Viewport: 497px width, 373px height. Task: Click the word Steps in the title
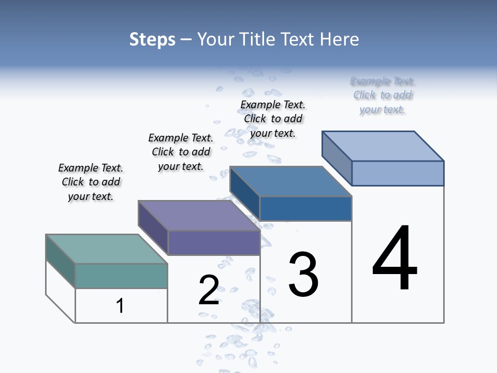click(x=152, y=40)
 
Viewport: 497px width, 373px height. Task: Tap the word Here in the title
click(x=339, y=40)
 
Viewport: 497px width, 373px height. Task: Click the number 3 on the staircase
click(x=303, y=274)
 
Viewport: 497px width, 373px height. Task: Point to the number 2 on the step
click(x=209, y=290)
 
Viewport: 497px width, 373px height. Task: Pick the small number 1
click(x=120, y=306)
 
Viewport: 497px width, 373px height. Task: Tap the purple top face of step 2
click(x=199, y=215)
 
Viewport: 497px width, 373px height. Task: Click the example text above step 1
click(x=91, y=182)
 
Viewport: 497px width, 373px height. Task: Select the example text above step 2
click(x=181, y=152)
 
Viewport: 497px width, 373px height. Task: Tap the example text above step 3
click(x=273, y=119)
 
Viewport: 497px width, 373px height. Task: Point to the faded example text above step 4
click(x=383, y=95)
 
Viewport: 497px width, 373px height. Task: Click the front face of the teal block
click(x=121, y=276)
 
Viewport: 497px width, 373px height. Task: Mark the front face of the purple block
click(x=213, y=242)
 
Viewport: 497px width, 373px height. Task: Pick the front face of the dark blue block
click(x=305, y=208)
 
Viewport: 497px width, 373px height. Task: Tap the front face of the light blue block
click(x=398, y=173)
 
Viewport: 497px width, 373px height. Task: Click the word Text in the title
click(x=297, y=40)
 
